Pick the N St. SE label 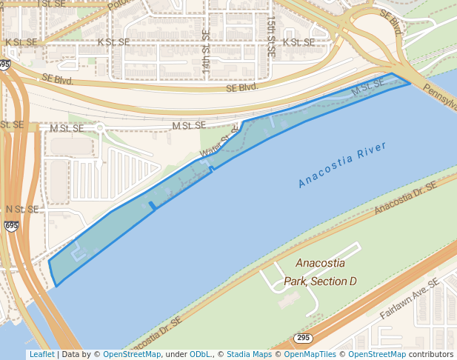pyautogui.click(x=21, y=210)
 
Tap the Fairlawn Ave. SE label pyautogui.click(x=410, y=299)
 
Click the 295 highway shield pyautogui.click(x=302, y=338)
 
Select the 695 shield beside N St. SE pyautogui.click(x=11, y=225)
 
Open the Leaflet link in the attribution pyautogui.click(x=41, y=354)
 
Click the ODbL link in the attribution pyautogui.click(x=201, y=354)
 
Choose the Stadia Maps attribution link pyautogui.click(x=249, y=354)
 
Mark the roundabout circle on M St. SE pyautogui.click(x=100, y=127)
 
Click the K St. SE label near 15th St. pyautogui.click(x=298, y=42)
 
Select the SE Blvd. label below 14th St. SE pyautogui.click(x=242, y=87)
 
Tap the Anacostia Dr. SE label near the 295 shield pyautogui.click(x=154, y=333)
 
